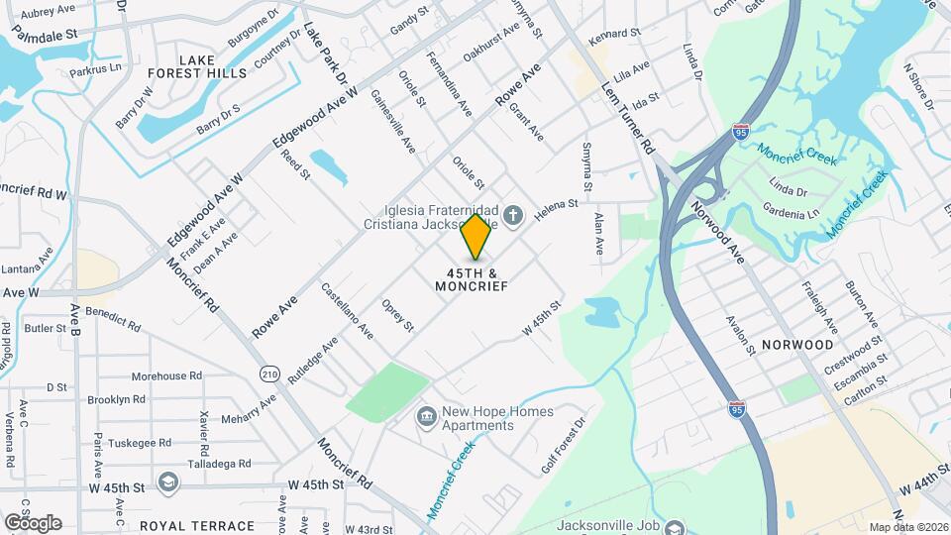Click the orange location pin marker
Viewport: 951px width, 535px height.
coord(476,237)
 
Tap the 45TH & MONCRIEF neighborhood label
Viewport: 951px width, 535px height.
coord(472,278)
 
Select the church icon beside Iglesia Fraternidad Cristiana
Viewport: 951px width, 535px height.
coord(513,214)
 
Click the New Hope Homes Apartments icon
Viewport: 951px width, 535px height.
coord(426,413)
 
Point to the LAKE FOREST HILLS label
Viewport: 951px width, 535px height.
coord(197,66)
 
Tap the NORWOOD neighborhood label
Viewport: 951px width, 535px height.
coord(797,345)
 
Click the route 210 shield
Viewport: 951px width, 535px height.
coord(270,374)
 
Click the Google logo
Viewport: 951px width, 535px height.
coord(33,522)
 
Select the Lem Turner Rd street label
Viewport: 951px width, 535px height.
coord(628,116)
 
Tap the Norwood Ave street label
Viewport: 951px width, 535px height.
coord(717,227)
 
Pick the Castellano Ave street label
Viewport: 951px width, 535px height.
coord(346,310)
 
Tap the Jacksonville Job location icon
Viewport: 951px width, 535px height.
coord(675,526)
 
